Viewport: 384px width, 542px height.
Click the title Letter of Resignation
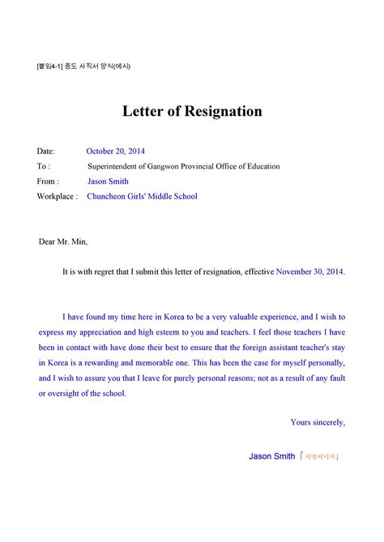click(x=192, y=111)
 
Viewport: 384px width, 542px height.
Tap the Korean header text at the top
click(x=83, y=66)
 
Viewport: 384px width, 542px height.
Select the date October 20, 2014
click(x=116, y=152)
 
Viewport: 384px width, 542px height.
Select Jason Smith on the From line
click(x=108, y=181)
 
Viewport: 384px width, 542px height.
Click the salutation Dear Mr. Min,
click(x=62, y=241)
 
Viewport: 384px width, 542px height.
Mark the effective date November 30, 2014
click(x=310, y=273)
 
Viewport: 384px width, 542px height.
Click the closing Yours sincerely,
click(x=318, y=422)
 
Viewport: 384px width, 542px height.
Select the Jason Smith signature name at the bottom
click(x=271, y=457)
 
